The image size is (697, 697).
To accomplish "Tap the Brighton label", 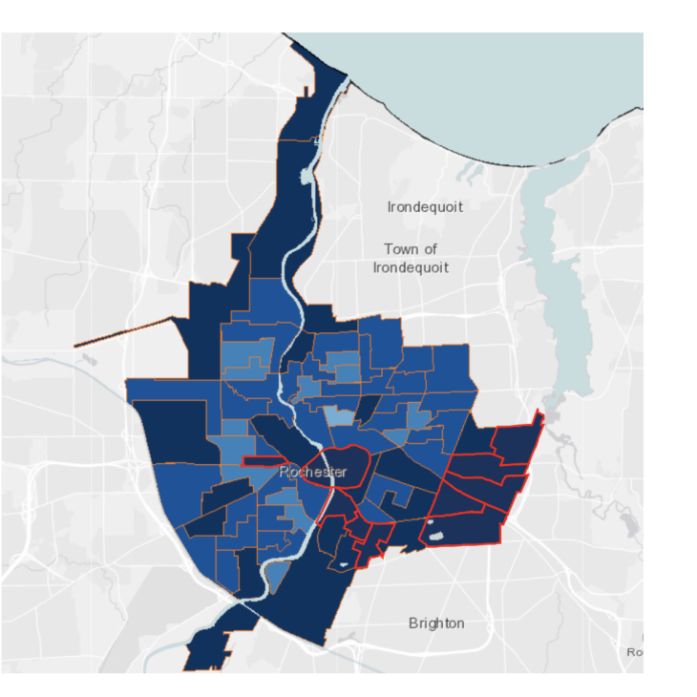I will [x=436, y=623].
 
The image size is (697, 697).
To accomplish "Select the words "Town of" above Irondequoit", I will [x=411, y=249].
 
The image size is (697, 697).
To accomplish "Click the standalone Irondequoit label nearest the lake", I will [x=425, y=206].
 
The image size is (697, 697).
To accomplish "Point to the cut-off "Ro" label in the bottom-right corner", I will [x=635, y=652].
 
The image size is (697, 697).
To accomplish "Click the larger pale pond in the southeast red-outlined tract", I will [x=436, y=537].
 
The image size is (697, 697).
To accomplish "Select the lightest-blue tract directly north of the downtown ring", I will [x=337, y=416].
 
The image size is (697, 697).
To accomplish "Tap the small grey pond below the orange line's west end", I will [x=88, y=361].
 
